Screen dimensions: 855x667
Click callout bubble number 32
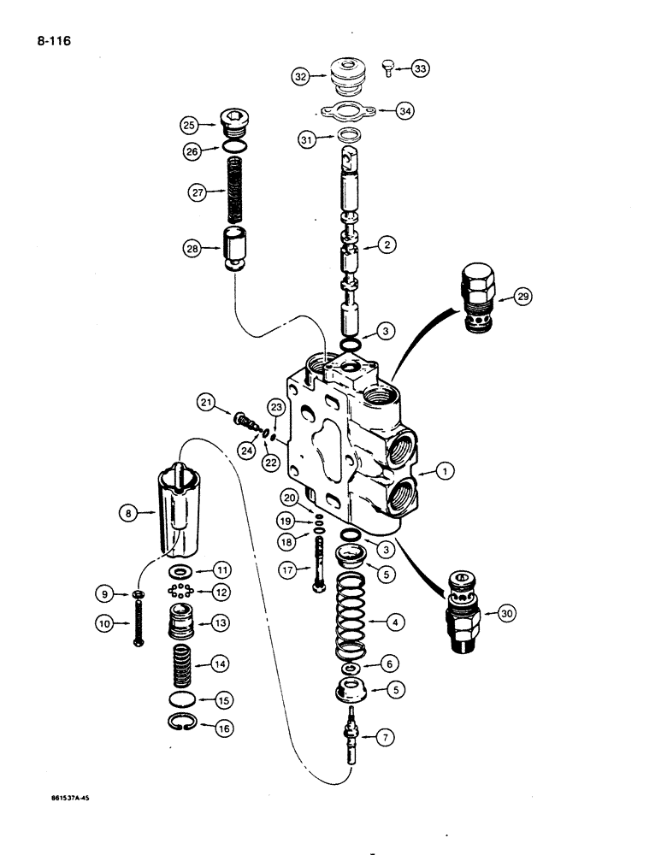[x=299, y=76]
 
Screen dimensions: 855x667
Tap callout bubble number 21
[x=206, y=403]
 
